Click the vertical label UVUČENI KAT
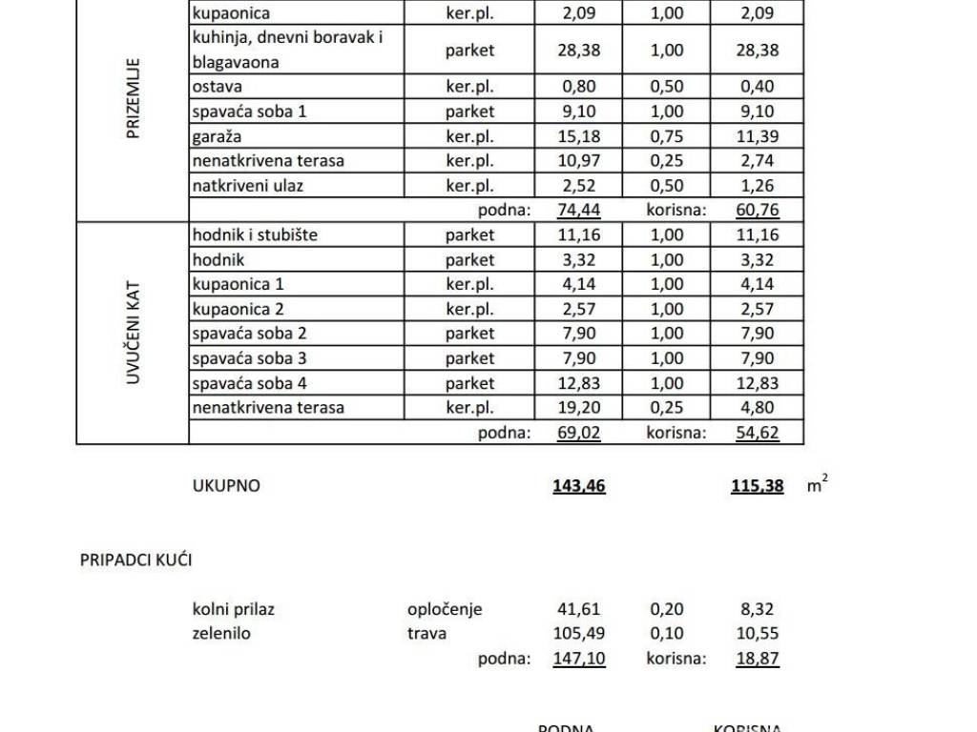point(133,333)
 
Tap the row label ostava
point(216,87)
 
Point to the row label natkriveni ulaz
point(247,186)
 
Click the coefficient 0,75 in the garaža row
point(667,136)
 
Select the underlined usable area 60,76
point(758,211)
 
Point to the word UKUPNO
point(226,486)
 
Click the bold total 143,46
point(578,486)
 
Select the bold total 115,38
point(758,486)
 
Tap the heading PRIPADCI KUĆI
point(135,560)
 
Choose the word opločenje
point(445,609)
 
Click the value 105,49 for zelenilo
point(579,633)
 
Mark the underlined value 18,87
point(758,659)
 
